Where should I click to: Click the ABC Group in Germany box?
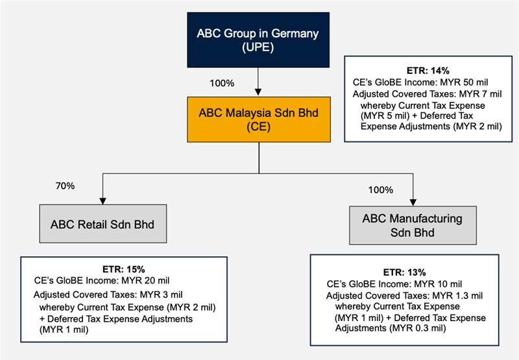click(259, 40)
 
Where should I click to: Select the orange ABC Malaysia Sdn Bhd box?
click(259, 119)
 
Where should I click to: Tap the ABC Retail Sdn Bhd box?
click(102, 224)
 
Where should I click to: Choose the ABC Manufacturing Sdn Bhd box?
click(413, 224)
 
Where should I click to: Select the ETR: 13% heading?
click(404, 272)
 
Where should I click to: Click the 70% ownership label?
click(66, 186)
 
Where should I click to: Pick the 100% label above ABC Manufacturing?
click(381, 190)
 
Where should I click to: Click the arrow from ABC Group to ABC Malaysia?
click(259, 82)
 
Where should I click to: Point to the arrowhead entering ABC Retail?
click(102, 201)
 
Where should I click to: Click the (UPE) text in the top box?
click(259, 49)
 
